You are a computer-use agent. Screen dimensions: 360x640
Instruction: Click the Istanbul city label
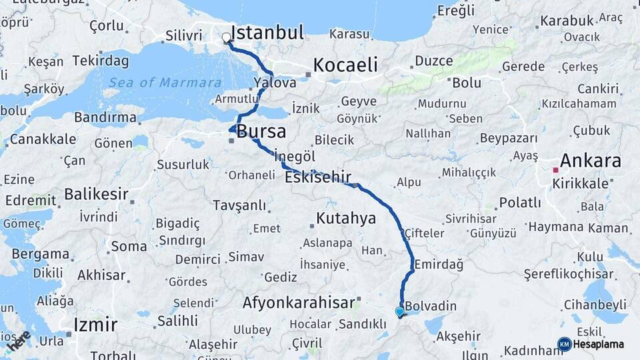click(x=271, y=32)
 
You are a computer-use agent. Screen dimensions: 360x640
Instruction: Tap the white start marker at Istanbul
click(x=227, y=38)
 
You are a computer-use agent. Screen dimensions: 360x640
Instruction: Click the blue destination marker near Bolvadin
click(x=399, y=311)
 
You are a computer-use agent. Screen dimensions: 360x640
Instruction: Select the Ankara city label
click(x=591, y=161)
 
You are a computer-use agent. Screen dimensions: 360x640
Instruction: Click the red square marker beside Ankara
click(x=555, y=170)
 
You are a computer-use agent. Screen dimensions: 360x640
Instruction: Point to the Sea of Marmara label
click(x=165, y=83)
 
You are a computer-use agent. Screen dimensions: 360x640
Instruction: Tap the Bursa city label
click(x=261, y=131)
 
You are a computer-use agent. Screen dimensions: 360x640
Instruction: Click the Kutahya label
click(x=346, y=218)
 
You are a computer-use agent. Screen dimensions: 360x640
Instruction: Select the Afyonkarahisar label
click(x=299, y=302)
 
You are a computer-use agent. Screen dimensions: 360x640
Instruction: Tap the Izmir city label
click(x=95, y=325)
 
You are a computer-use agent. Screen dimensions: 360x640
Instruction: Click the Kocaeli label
click(x=345, y=65)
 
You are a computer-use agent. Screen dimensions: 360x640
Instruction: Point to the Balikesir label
click(x=96, y=195)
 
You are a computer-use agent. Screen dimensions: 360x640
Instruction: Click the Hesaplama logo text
click(x=599, y=344)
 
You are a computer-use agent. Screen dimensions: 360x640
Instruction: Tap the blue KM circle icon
click(x=564, y=344)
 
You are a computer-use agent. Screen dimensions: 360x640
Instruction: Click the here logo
click(x=18, y=341)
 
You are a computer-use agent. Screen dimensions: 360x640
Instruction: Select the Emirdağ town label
click(x=439, y=265)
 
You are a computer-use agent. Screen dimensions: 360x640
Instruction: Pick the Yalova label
click(x=275, y=83)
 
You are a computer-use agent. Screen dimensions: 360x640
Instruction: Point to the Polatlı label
click(x=520, y=203)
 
